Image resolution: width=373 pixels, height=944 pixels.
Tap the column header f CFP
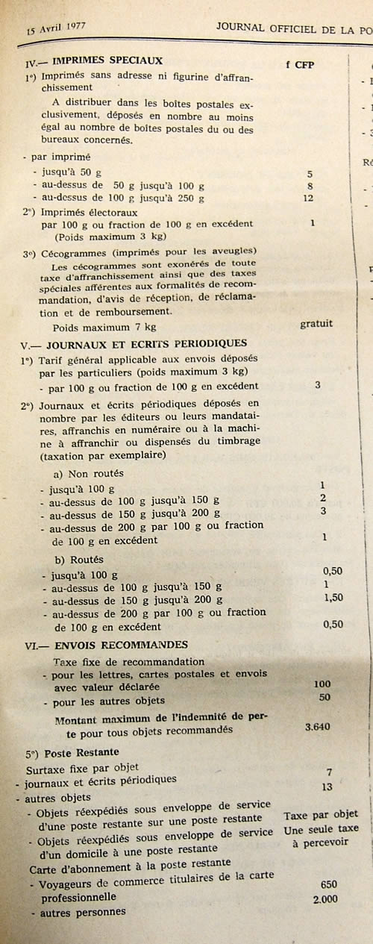(300, 64)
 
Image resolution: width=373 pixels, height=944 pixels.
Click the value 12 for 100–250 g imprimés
(310, 198)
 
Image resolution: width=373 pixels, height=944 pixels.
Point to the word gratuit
(316, 323)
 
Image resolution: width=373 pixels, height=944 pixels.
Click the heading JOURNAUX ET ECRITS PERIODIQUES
(146, 343)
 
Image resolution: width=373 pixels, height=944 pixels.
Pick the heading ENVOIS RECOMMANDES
(120, 645)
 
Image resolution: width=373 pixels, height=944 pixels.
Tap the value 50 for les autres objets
(324, 697)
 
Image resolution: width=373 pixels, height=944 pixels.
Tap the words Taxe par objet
(321, 814)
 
